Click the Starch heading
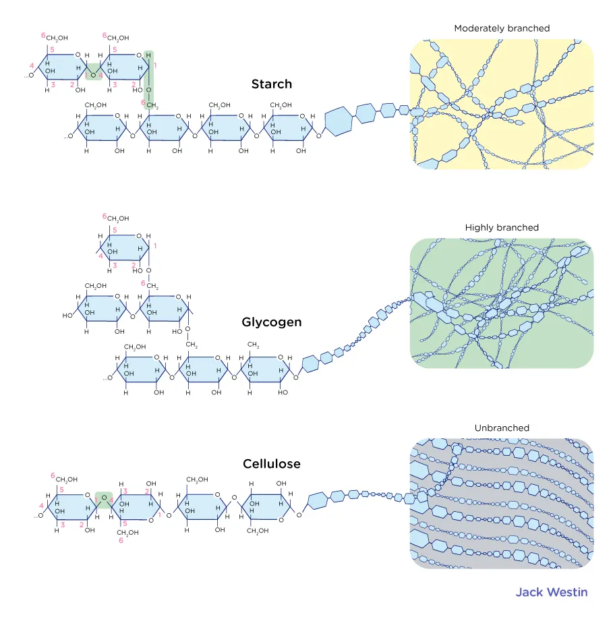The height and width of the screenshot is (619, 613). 271,84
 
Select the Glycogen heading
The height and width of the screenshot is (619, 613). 271,322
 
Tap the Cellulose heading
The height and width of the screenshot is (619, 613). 271,464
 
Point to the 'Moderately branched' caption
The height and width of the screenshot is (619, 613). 502,28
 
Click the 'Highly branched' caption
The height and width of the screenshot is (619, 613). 502,228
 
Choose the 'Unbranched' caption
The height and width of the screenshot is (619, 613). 502,428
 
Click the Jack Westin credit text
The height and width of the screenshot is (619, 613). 551,592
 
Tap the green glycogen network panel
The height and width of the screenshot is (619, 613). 502,303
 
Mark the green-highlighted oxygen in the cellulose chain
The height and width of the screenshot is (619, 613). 104,499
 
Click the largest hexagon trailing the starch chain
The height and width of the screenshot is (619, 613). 339,123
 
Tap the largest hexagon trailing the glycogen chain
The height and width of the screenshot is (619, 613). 310,364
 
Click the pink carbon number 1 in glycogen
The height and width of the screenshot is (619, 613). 155,245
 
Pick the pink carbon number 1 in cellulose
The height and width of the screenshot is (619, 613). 160,514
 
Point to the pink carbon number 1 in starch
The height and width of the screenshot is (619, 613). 154,65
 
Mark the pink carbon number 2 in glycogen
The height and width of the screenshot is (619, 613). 134,265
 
